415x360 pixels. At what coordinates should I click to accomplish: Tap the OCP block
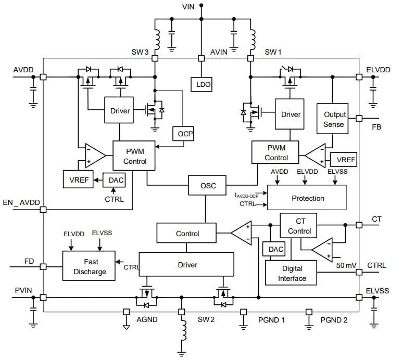tap(183, 134)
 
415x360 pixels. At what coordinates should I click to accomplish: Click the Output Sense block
tap(333, 119)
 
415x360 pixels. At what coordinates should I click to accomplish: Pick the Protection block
tap(307, 198)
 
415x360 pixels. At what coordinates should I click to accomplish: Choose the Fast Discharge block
tap(90, 266)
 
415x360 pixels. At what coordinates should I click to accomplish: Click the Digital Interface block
tap(292, 274)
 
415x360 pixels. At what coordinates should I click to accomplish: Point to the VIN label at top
tap(189, 7)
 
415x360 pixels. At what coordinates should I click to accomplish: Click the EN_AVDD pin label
tap(21, 202)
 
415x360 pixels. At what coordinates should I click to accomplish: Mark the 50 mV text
tap(346, 265)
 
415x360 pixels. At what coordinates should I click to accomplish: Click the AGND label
tap(147, 319)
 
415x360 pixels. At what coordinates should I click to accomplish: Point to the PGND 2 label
tap(334, 319)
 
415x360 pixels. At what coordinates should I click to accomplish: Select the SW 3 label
tap(140, 52)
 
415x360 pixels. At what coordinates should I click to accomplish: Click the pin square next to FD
tap(44, 266)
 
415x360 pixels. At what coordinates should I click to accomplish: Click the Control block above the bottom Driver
tap(187, 233)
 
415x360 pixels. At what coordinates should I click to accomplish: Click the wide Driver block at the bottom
tap(187, 265)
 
